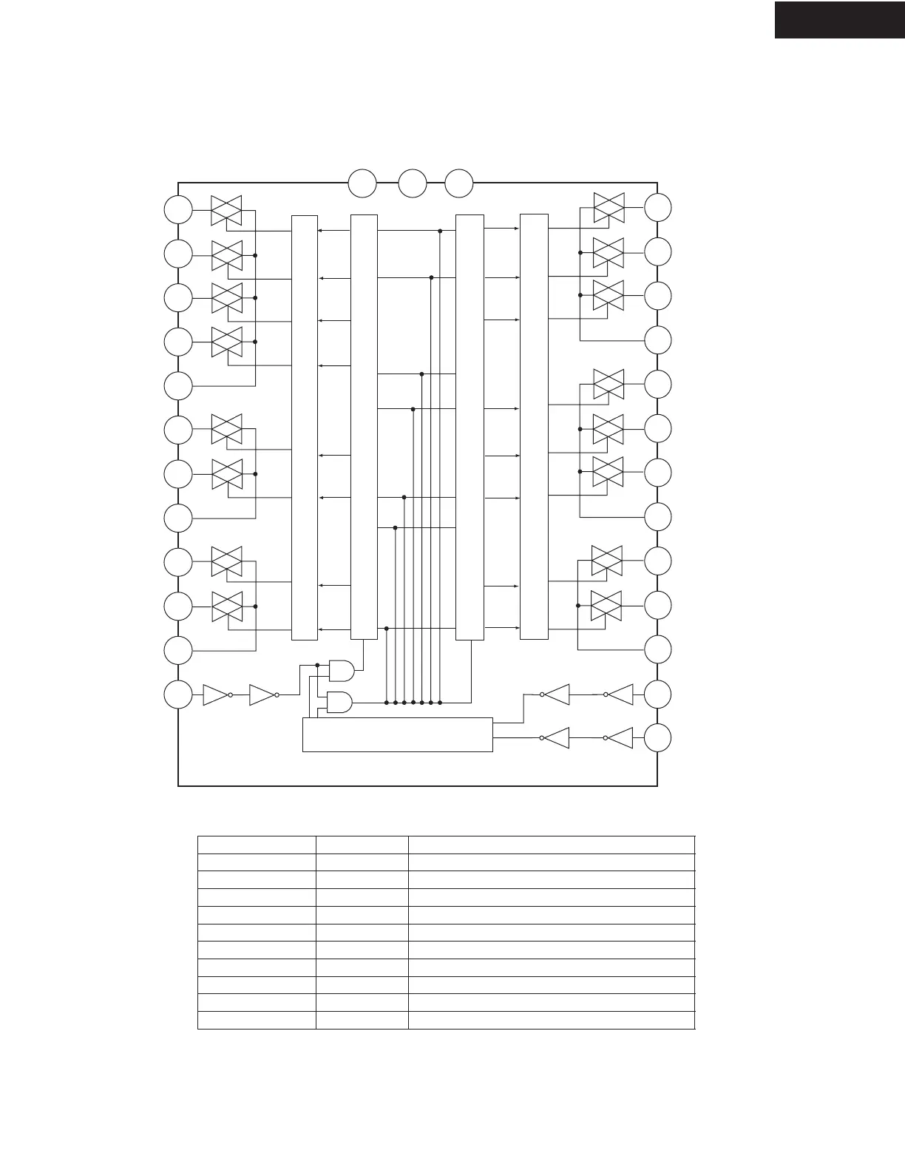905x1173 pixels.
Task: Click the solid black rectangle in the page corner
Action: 839,20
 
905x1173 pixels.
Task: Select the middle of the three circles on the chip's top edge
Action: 413,183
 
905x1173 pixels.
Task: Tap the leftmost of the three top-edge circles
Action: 362,183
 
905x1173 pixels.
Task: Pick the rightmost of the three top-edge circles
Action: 459,183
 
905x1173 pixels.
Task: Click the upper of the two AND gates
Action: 341,670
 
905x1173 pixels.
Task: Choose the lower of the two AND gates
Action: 339,702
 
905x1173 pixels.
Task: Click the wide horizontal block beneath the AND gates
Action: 398,734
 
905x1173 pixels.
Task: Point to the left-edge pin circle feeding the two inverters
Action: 178,695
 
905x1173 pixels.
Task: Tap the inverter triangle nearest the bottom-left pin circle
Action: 215,695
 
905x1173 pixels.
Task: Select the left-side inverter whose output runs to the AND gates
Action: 262,695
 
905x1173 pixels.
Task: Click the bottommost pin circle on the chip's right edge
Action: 658,738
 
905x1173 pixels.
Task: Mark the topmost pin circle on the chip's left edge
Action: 178,210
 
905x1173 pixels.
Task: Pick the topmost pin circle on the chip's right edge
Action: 658,208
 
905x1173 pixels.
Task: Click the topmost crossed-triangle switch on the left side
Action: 227,210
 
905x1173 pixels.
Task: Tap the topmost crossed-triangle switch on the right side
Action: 609,208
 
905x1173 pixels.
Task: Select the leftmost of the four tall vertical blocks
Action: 305,427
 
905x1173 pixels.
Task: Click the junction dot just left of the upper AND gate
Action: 317,665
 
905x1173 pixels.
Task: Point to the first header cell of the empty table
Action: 257,845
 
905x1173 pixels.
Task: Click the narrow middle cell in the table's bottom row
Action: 362,1020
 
